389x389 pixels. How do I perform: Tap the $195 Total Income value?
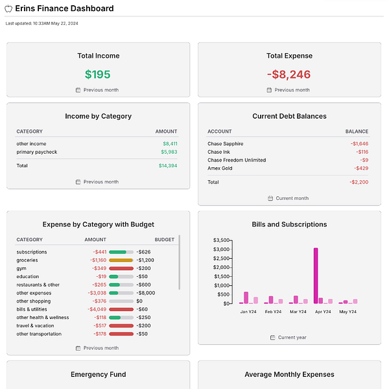pos(98,75)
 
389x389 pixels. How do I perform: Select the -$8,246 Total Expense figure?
pos(289,75)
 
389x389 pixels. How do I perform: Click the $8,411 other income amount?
pos(170,144)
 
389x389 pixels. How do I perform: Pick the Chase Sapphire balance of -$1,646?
pos(359,144)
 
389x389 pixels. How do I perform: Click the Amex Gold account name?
pos(220,169)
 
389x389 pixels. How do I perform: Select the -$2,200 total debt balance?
pos(359,182)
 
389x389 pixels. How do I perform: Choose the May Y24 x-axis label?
pos(348,312)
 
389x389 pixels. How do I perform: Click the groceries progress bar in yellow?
pos(121,260)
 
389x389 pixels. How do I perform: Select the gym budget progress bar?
pos(121,268)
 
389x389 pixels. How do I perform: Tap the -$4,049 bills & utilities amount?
pos(97,309)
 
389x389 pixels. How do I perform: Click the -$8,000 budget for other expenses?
pos(146,293)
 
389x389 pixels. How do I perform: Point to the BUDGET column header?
pos(164,240)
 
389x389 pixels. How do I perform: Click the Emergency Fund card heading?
pos(98,374)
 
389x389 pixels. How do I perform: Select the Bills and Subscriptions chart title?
pos(289,224)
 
